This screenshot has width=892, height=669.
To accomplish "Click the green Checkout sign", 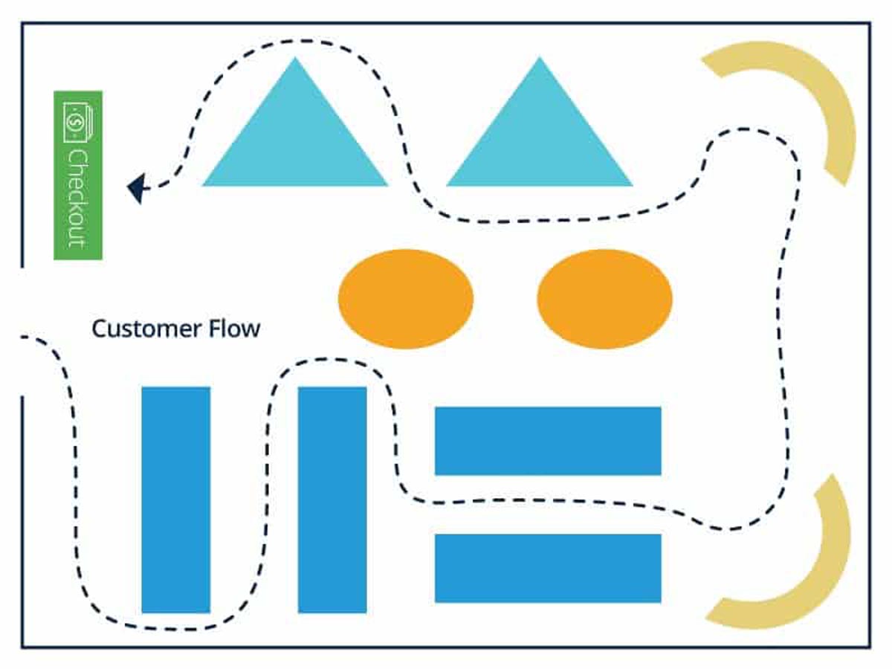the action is click(x=78, y=175).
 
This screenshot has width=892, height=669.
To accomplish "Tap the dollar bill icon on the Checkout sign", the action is click(x=77, y=123).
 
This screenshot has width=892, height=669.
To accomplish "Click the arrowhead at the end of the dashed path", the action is click(x=137, y=188).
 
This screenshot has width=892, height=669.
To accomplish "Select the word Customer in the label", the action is click(x=146, y=329).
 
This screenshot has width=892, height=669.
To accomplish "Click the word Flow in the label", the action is click(x=234, y=329).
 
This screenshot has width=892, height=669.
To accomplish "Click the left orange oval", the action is click(x=406, y=299).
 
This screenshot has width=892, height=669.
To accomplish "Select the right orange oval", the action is click(x=604, y=299).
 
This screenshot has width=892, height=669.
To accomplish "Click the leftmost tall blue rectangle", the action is click(x=176, y=500).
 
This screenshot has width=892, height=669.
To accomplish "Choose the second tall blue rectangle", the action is click(x=332, y=500).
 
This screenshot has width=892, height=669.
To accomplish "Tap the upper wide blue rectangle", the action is click(x=548, y=441).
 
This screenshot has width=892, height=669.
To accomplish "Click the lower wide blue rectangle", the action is click(x=548, y=568).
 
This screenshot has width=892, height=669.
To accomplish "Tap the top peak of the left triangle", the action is click(x=295, y=58).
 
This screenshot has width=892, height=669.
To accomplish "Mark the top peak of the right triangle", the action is click(x=540, y=58).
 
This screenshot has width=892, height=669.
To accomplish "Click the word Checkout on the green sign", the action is click(x=77, y=199).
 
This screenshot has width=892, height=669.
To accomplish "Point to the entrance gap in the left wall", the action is click(x=22, y=332).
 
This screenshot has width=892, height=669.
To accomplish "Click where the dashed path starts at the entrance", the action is click(x=23, y=337).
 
